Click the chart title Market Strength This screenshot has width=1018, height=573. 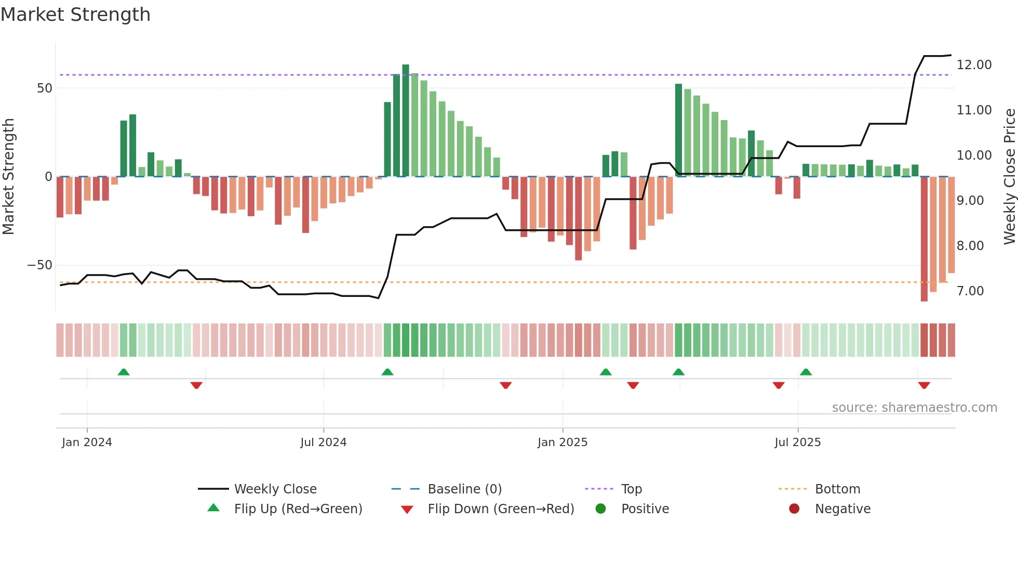pyautogui.click(x=75, y=15)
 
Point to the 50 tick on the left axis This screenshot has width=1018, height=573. pyautogui.click(x=45, y=88)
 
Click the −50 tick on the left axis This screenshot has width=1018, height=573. pyautogui.click(x=40, y=265)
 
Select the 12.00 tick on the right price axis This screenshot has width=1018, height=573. pyautogui.click(x=974, y=65)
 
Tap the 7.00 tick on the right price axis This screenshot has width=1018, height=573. pyautogui.click(x=970, y=291)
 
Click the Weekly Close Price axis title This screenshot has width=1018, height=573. pyautogui.click(x=1009, y=177)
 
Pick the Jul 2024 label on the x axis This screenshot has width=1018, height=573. pyautogui.click(x=323, y=442)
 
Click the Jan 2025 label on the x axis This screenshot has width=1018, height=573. pyautogui.click(x=562, y=442)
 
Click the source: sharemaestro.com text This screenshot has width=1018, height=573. pyautogui.click(x=914, y=408)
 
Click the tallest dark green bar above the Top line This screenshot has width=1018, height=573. pyautogui.click(x=406, y=120)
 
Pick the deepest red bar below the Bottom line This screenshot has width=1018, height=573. pyautogui.click(x=924, y=239)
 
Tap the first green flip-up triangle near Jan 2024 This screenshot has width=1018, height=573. pyautogui.click(x=124, y=372)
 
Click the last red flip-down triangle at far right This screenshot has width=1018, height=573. pyautogui.click(x=924, y=385)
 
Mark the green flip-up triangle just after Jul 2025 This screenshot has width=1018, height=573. pyautogui.click(x=806, y=372)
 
